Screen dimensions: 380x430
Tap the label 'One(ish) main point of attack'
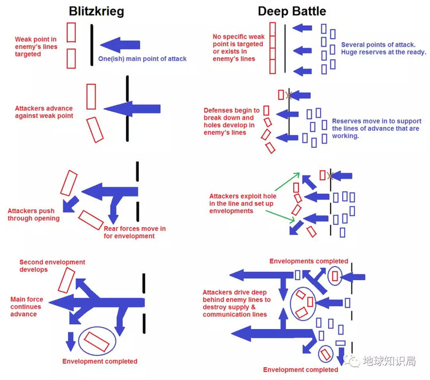(x=143, y=59)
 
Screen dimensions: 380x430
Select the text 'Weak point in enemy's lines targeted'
(x=37, y=46)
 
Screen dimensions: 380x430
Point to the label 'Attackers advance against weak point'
(x=44, y=112)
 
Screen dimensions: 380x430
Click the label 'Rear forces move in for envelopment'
(x=135, y=232)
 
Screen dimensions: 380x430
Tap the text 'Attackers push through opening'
(x=34, y=214)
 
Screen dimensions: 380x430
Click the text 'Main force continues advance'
(x=26, y=306)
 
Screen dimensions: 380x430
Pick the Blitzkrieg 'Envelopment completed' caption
(x=100, y=362)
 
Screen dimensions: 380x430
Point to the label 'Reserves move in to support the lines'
(x=375, y=128)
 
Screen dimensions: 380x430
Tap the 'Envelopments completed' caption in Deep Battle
(x=308, y=261)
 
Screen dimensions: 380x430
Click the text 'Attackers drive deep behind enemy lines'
(x=237, y=303)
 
